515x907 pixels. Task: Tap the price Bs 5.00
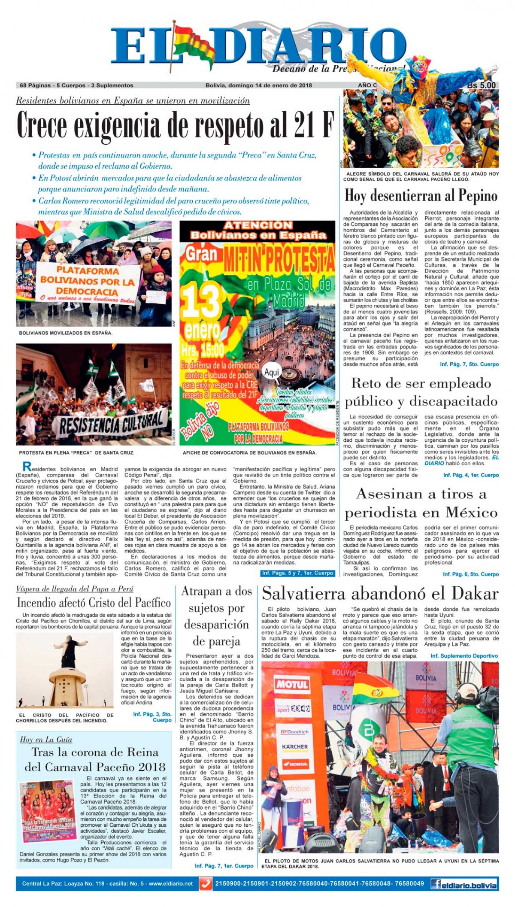click(x=481, y=85)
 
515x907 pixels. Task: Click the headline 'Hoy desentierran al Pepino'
click(x=421, y=196)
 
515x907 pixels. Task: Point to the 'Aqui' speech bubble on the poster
click(x=272, y=373)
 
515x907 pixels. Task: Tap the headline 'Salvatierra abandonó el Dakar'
click(x=380, y=594)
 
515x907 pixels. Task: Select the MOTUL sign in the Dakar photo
click(x=291, y=684)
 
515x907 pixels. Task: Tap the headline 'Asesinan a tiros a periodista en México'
click(x=421, y=503)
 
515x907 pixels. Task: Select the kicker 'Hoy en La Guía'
click(x=46, y=739)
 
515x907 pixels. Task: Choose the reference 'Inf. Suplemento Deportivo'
click(x=464, y=656)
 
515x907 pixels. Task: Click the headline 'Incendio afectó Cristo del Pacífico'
click(x=94, y=603)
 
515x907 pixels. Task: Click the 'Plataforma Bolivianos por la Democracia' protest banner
click(x=88, y=282)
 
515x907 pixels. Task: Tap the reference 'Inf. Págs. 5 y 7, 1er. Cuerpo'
click(x=297, y=573)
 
